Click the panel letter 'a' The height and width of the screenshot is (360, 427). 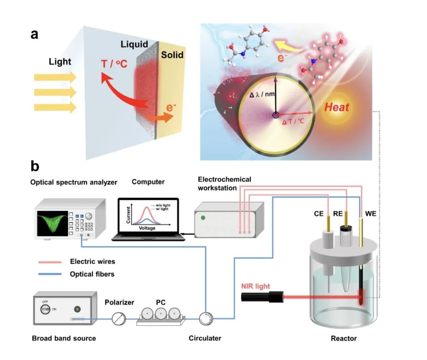pos(35,34)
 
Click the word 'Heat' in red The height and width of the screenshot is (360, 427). pos(336,107)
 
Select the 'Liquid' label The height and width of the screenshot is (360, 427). pos(134,44)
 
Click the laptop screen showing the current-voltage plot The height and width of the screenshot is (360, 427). pos(148,216)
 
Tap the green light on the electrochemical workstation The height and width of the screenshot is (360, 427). pos(203,217)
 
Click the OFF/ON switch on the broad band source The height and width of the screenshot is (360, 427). pos(46,308)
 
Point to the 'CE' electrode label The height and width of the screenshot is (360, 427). pos(319,214)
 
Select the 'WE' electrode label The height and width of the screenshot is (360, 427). pos(371,214)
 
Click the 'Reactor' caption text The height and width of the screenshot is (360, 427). pos(344,338)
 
